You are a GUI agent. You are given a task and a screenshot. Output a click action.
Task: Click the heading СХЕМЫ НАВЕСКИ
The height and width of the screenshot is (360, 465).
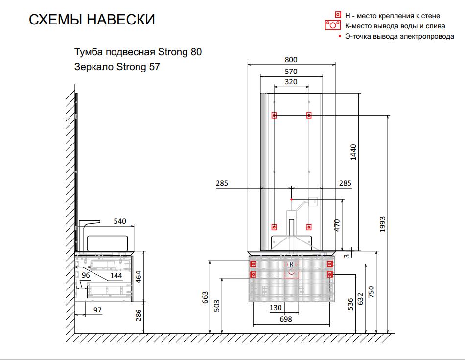[92, 20]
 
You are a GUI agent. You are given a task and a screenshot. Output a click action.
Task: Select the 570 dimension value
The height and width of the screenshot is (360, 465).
[291, 72]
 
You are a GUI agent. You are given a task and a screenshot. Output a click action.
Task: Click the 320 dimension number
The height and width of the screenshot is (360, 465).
[291, 82]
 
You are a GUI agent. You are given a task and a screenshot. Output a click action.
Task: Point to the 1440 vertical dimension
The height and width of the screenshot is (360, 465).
[354, 153]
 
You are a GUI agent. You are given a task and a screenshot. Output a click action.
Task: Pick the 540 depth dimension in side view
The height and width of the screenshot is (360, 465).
[120, 221]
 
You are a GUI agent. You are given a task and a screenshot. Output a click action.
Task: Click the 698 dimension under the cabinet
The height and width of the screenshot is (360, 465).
[285, 319]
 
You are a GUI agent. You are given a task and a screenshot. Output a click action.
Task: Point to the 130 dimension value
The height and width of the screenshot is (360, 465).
[276, 308]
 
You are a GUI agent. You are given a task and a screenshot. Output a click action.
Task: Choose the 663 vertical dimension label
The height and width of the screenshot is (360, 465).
[206, 298]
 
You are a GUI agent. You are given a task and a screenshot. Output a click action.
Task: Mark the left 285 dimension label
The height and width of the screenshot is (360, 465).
[221, 183]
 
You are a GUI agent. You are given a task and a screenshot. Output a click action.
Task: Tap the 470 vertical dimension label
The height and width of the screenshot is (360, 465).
[337, 225]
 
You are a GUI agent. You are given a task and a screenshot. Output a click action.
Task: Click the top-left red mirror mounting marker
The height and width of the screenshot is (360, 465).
[274, 116]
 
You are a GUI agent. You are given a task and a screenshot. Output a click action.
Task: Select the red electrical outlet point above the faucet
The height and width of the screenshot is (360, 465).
[291, 200]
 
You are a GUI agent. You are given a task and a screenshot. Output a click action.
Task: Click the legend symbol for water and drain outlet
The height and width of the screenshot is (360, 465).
[333, 25]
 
